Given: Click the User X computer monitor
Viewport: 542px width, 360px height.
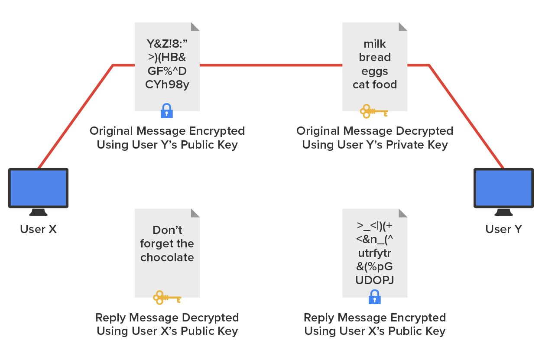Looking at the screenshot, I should (x=39, y=188).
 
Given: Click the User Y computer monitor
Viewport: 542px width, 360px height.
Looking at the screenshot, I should (x=503, y=188).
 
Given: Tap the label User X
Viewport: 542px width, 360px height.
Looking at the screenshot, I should (x=39, y=229).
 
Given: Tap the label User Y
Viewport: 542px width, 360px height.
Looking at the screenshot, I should (x=503, y=229).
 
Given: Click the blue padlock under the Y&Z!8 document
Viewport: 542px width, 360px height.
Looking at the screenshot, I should (x=167, y=111).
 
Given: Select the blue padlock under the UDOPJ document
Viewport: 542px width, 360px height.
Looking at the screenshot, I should (x=374, y=297).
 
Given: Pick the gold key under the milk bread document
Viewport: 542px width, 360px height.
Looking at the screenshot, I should (x=374, y=111).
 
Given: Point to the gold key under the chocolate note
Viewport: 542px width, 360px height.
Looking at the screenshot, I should (x=167, y=298).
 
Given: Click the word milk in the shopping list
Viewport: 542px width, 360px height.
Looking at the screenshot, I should (x=375, y=44).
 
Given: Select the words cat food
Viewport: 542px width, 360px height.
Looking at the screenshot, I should (x=375, y=84).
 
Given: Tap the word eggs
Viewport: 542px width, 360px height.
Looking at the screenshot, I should (x=375, y=71).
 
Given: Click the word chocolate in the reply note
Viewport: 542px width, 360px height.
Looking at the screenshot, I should (x=167, y=257).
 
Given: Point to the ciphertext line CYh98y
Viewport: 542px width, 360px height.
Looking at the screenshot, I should (x=167, y=84).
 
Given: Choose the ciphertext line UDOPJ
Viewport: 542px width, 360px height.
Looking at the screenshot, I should (x=375, y=280).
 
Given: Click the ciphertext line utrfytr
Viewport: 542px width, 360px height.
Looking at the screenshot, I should (x=375, y=253).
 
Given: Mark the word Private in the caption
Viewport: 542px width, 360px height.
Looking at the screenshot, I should (x=400, y=145).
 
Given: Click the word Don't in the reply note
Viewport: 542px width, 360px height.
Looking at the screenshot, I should (x=167, y=230).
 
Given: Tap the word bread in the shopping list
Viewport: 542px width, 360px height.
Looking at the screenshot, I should (x=375, y=57).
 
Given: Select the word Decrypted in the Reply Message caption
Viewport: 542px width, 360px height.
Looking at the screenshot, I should (x=210, y=318).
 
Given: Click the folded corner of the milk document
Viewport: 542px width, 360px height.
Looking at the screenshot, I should (x=403, y=26).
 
